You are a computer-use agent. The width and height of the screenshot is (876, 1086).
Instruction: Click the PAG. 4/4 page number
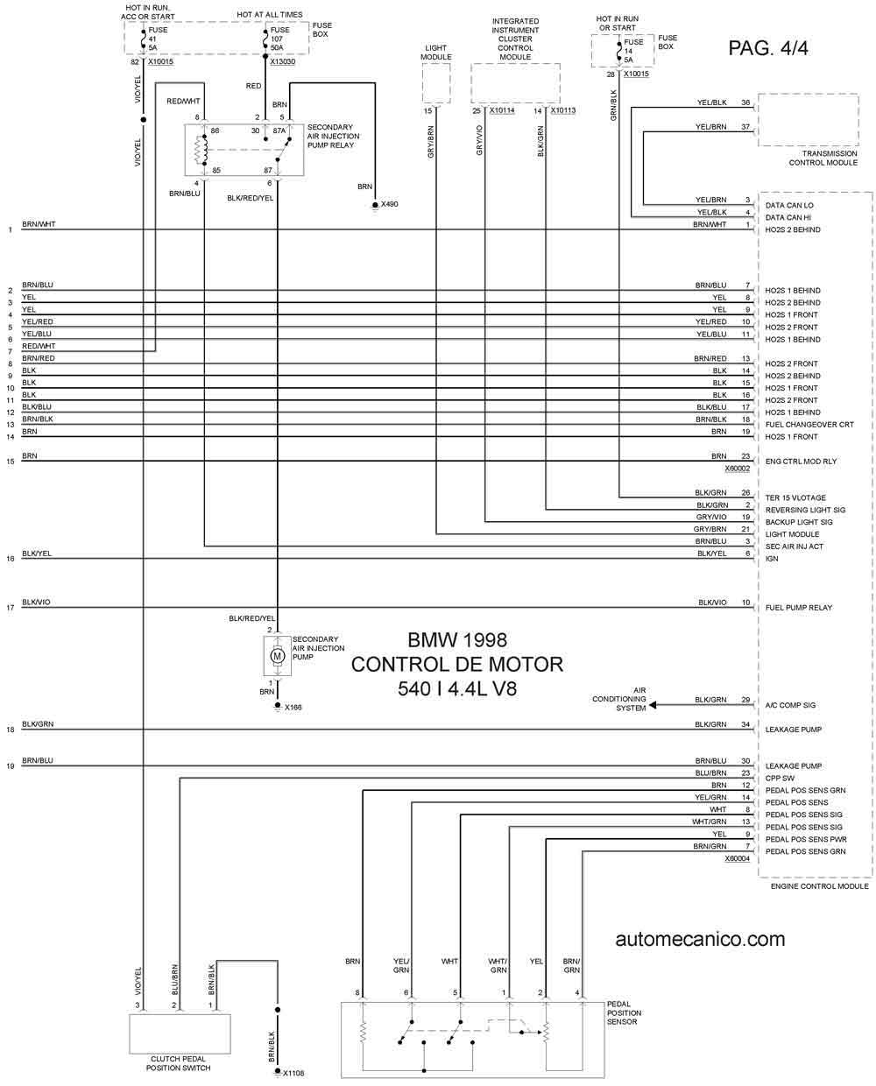coord(767,48)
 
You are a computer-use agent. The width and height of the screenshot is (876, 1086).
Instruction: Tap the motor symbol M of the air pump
coord(277,655)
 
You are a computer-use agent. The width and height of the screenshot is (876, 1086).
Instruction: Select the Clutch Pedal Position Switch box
coord(180,1034)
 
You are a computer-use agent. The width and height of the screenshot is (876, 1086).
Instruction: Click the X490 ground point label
coord(389,204)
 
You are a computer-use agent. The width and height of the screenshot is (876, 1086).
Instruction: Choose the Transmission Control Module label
coord(823,158)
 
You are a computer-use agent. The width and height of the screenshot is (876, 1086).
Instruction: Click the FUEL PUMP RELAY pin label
coord(798,608)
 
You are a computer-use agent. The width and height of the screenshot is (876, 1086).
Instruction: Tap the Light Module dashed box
coord(436,84)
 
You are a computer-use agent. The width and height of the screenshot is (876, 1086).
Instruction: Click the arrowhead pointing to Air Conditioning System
coord(653,705)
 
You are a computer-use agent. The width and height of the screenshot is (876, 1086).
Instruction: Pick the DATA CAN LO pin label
coord(789,206)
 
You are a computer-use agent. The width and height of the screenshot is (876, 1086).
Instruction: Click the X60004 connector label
coord(737,858)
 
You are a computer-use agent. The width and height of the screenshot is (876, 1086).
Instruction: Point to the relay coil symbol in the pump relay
coord(200,150)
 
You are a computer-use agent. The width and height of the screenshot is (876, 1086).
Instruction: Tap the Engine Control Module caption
coord(819,886)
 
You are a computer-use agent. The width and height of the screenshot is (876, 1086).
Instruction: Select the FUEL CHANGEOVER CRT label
coord(809,425)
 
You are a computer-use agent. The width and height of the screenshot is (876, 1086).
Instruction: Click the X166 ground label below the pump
coord(293,707)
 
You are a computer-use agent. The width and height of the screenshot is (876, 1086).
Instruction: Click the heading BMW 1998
coord(457,640)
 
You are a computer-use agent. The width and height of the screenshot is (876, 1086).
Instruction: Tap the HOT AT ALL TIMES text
coord(270,15)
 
